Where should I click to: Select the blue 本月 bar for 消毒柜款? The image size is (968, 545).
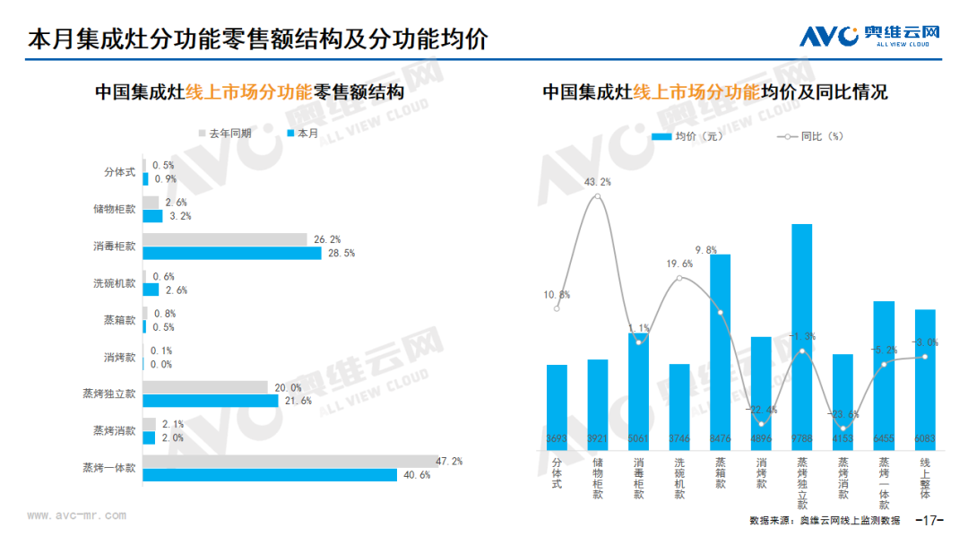coord(231,254)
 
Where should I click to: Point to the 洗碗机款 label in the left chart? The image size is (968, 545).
coord(115,283)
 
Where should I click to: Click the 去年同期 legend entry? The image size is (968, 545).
coord(223,134)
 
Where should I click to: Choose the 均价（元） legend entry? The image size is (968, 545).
coord(687,137)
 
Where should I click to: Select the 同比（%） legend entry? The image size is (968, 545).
coord(810,137)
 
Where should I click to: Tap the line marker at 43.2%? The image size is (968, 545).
coord(598,196)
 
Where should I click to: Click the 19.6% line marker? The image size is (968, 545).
coord(679,278)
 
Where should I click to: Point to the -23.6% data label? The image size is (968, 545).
coord(843,414)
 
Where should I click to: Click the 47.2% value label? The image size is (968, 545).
coord(448,462)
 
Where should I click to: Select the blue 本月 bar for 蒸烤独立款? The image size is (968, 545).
coord(211,401)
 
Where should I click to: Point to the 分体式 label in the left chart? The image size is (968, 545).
coord(119,171)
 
